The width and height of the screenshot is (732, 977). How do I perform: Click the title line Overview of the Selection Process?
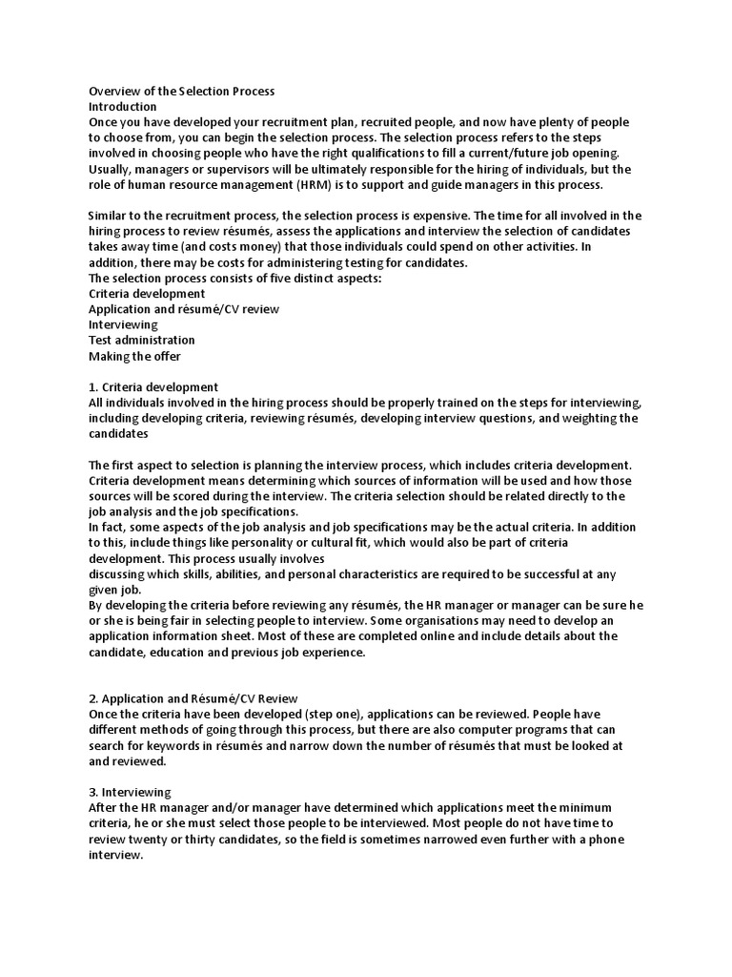[x=181, y=92]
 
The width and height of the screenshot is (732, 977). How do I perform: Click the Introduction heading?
[x=122, y=107]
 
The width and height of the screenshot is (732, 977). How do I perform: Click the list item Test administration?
[x=141, y=340]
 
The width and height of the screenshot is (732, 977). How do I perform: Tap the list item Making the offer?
[x=134, y=356]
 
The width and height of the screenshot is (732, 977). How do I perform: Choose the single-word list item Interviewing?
[x=123, y=324]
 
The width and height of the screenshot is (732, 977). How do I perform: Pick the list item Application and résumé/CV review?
[x=184, y=309]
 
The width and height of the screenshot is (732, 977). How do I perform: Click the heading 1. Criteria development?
[x=153, y=387]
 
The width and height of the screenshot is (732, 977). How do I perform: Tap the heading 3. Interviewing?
[x=130, y=792]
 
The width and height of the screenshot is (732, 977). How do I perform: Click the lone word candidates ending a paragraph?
[x=119, y=433]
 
